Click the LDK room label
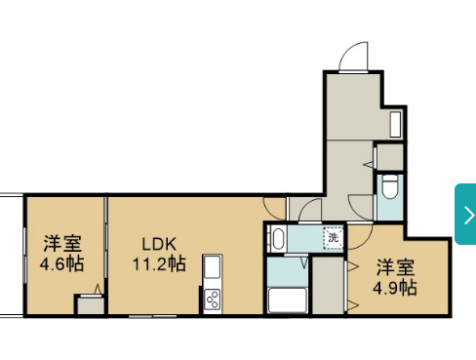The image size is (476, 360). click(x=159, y=244)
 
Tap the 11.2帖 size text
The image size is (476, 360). click(x=159, y=263)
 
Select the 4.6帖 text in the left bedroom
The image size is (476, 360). click(x=61, y=263)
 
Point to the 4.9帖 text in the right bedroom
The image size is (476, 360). click(x=395, y=288)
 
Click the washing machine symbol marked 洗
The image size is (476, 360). click(x=333, y=238)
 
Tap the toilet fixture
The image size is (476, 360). click(x=390, y=186)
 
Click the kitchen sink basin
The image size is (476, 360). click(x=213, y=266)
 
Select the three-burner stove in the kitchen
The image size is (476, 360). click(x=213, y=299)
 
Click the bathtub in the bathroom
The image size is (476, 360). click(x=287, y=300)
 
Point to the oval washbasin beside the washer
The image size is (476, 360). click(x=278, y=238)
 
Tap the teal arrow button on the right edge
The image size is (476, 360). click(x=465, y=214)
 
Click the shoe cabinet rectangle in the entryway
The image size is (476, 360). click(x=395, y=125)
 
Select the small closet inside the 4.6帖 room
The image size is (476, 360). click(x=91, y=305)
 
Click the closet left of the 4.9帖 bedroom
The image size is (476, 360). click(x=328, y=286)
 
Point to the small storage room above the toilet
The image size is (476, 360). click(x=390, y=157)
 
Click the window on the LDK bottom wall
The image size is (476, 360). click(x=152, y=316)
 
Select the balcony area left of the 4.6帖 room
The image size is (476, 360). click(x=12, y=256)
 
